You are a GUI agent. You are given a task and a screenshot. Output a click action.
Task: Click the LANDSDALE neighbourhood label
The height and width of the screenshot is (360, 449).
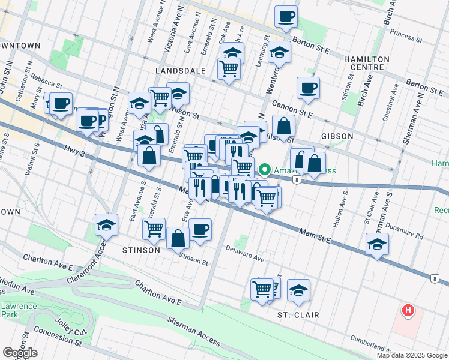tap(180, 71)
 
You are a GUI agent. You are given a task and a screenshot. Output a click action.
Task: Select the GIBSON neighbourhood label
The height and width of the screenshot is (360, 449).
tap(337, 136)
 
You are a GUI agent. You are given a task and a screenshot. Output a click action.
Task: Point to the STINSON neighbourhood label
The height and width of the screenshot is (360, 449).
tap(141, 250)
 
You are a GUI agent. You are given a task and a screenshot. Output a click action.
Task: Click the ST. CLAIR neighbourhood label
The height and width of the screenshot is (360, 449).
tap(298, 315)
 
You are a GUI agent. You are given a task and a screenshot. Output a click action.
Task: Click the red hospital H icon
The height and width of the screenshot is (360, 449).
tap(408, 311)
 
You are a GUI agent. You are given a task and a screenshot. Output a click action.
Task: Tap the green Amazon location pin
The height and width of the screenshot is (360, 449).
tap(265, 170)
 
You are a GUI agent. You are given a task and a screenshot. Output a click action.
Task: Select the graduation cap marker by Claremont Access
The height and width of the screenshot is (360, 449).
tap(106, 226)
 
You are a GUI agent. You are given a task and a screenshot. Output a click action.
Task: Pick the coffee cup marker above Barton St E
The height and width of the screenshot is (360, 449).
tap(286, 17)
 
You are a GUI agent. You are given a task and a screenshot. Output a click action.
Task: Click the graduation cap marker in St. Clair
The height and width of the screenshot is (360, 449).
tap(298, 290)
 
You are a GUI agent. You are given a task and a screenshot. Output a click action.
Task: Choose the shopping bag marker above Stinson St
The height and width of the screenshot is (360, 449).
tap(179, 238)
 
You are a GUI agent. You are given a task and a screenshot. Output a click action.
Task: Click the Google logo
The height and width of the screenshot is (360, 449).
tap(20, 353)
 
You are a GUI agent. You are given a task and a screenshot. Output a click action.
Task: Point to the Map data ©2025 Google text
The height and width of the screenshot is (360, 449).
tap(411, 355)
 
